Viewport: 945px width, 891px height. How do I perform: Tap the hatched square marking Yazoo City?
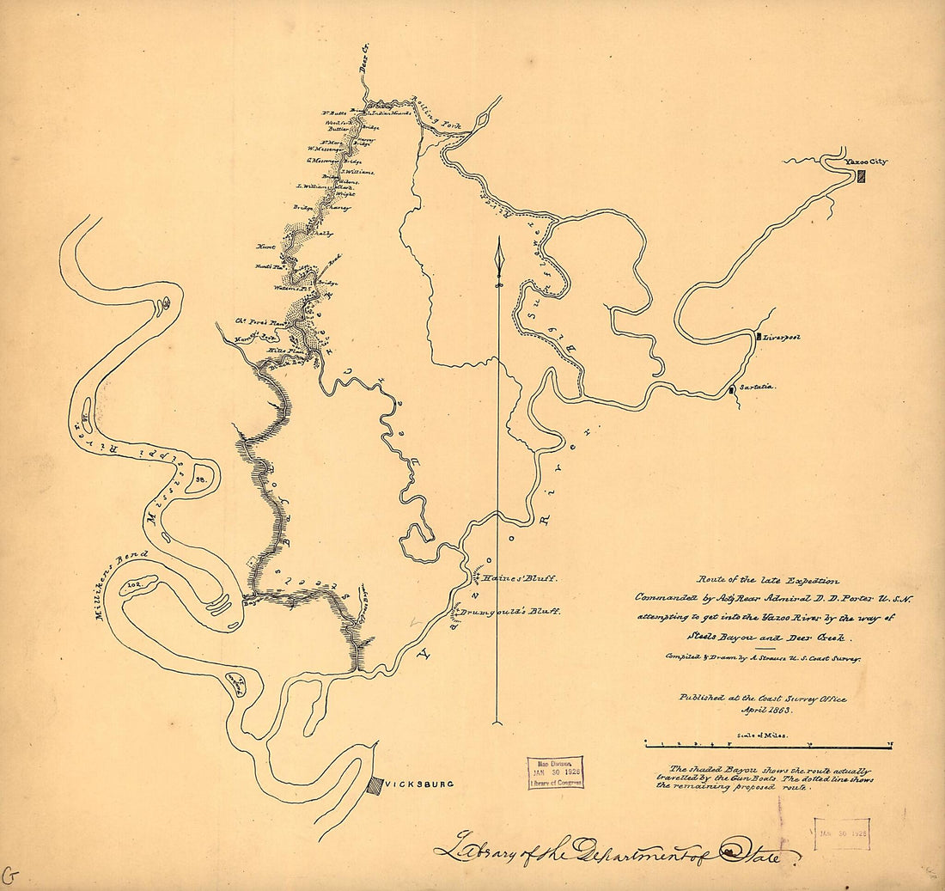pos(860,175)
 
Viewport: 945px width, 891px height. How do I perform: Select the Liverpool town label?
pos(781,338)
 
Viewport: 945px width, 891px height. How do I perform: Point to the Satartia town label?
pos(757,388)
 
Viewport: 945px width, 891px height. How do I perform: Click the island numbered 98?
pos(200,479)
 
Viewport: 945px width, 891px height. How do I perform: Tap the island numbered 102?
pos(134,584)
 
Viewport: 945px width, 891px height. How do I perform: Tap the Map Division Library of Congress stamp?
pos(555,772)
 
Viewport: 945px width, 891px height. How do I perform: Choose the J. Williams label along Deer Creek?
pos(314,185)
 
